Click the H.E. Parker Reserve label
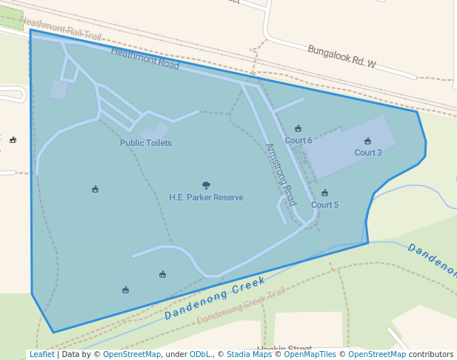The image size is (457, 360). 206,198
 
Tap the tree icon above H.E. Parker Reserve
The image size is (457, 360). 206,185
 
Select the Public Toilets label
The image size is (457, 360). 146,143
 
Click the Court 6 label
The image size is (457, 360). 298,140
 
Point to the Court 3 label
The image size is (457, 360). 367,153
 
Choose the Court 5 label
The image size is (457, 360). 324,204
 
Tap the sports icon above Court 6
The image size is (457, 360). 298,128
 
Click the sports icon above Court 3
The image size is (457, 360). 367,141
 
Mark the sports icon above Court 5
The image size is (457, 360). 324,193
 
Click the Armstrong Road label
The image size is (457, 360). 281,174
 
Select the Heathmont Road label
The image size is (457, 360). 145,59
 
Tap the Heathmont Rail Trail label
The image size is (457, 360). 61,29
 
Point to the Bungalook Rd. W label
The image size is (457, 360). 342,56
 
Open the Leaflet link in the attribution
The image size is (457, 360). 41,354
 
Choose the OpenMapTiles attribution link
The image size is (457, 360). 309,354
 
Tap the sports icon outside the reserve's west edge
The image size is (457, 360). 13,139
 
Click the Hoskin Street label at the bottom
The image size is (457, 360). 285,348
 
